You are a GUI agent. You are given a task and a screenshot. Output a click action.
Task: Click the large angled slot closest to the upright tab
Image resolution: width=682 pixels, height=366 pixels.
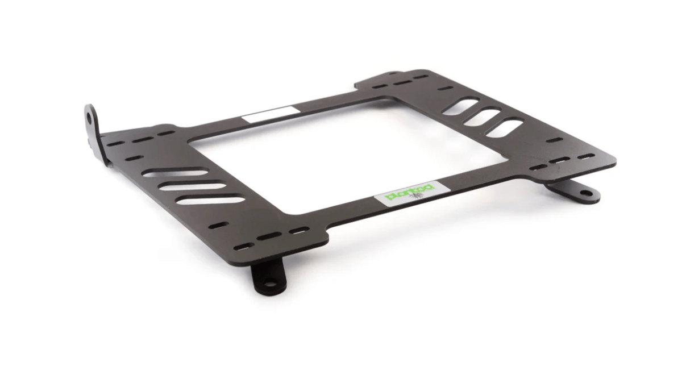174,173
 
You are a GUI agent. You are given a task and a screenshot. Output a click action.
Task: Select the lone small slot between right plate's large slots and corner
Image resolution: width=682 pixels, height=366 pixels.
554,140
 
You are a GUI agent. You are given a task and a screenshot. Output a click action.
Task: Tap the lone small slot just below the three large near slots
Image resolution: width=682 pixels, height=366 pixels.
219,225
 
